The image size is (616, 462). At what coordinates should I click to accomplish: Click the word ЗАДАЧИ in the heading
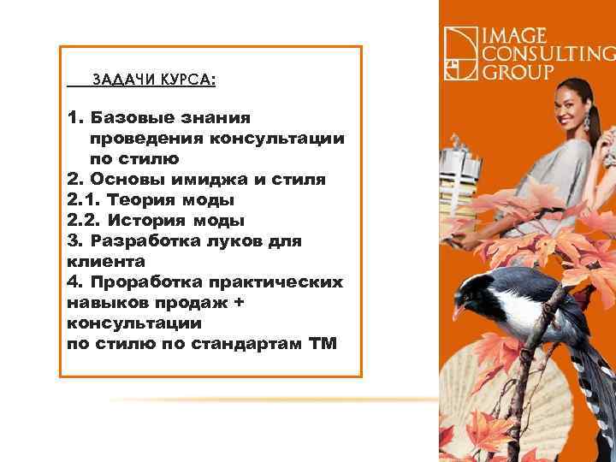click(118, 80)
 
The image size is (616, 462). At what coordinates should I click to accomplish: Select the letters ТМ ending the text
click(323, 343)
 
